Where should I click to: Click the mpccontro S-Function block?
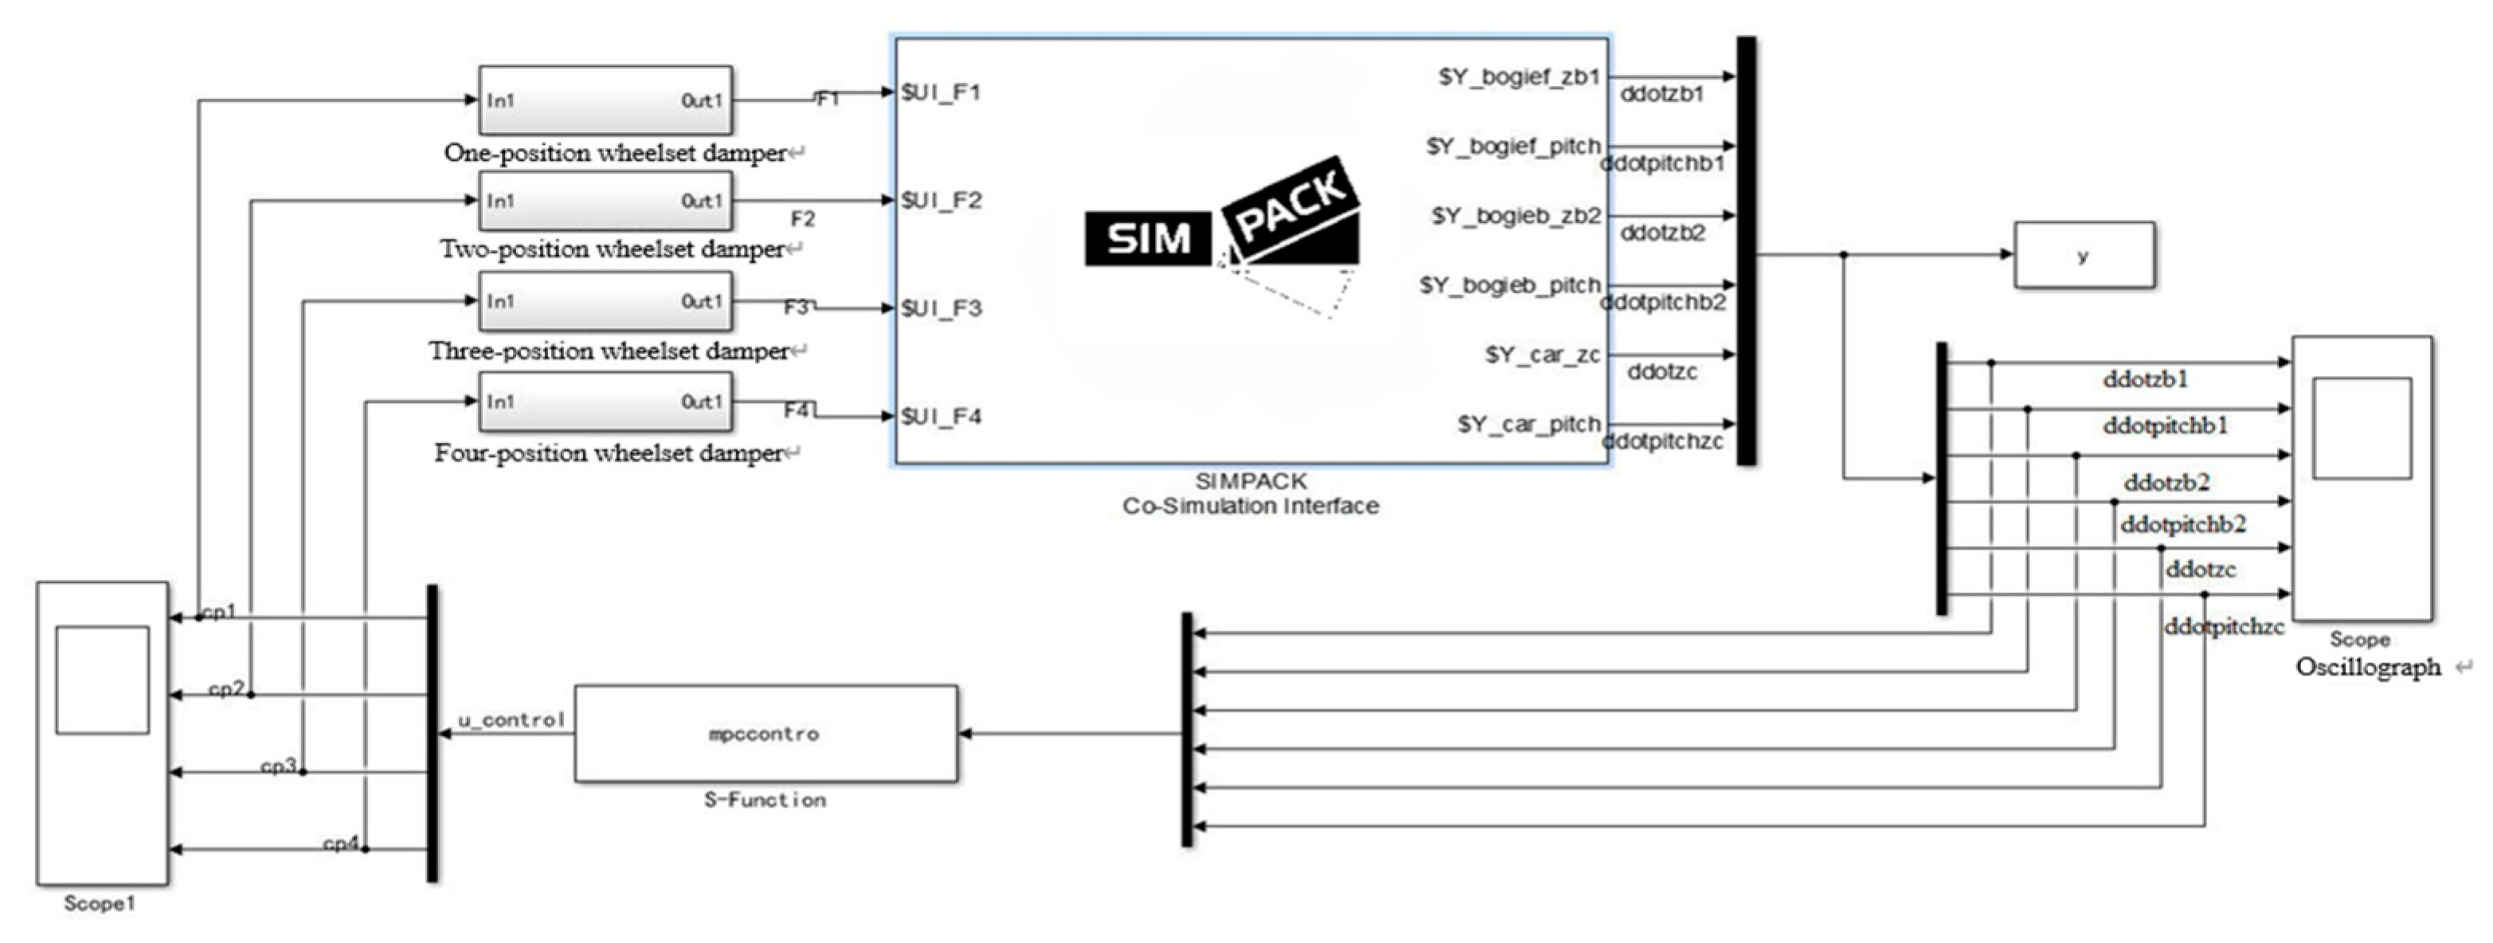765,734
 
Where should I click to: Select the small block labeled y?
2084,256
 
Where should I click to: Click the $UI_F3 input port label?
941,309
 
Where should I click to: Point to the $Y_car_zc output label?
1543,355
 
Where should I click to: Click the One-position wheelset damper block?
605,100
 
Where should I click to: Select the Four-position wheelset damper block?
605,401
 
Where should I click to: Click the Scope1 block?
103,733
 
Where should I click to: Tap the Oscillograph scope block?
2362,479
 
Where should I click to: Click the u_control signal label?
511,720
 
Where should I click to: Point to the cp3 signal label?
278,767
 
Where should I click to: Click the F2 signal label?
802,220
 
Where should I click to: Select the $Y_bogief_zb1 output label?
1518,77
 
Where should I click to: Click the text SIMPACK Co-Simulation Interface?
1250,494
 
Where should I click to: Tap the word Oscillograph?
2367,667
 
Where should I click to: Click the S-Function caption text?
765,800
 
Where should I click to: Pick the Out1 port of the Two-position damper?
702,202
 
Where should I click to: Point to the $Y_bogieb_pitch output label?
1509,286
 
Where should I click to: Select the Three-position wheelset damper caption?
609,351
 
